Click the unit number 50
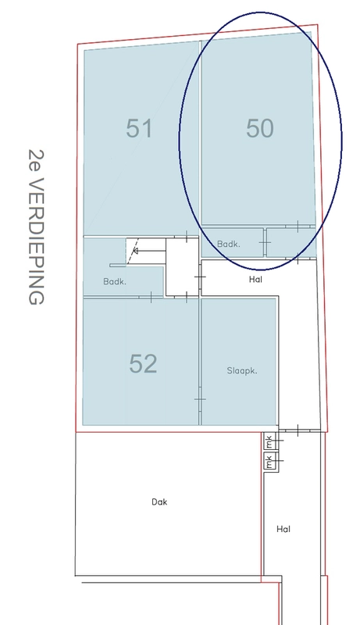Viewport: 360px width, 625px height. (259, 128)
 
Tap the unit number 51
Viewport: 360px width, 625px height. (139, 128)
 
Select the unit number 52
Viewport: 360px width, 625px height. (143, 363)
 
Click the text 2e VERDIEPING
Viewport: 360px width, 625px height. (36, 227)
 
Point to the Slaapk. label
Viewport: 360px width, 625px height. (242, 370)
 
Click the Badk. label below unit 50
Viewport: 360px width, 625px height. (229, 245)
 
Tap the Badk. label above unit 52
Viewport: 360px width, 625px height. (115, 282)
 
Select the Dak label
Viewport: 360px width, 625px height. (159, 502)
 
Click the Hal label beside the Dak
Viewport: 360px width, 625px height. (283, 529)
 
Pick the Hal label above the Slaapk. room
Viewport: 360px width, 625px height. (255, 280)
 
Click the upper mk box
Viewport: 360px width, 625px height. (269, 441)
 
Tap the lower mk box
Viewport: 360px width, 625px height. (269, 461)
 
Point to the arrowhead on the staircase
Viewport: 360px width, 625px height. (135, 251)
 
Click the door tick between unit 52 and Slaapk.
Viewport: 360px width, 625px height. (200, 399)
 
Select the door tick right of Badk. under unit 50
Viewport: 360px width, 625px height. (265, 242)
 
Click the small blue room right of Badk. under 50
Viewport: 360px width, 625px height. (290, 243)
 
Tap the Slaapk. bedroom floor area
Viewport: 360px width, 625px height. (239, 362)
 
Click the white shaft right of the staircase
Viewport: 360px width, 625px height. (182, 266)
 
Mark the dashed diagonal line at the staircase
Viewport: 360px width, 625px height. (133, 251)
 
